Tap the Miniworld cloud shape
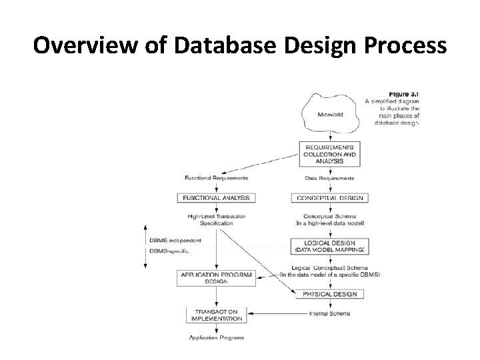pyautogui.click(x=329, y=114)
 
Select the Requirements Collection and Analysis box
pyautogui.click(x=329, y=153)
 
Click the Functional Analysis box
pyautogui.click(x=216, y=197)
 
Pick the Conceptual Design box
pyautogui.click(x=329, y=197)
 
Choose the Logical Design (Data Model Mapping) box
pyautogui.click(x=329, y=246)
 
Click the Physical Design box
pyautogui.click(x=329, y=294)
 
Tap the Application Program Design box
pyautogui.click(x=216, y=278)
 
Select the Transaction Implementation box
pyautogui.click(x=216, y=315)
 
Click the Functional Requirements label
pyautogui.click(x=216, y=178)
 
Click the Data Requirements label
pyautogui.click(x=329, y=178)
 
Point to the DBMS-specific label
pyautogui.click(x=169, y=251)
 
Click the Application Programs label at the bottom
pyautogui.click(x=216, y=337)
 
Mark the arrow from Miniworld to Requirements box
pyautogui.click(x=329, y=136)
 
